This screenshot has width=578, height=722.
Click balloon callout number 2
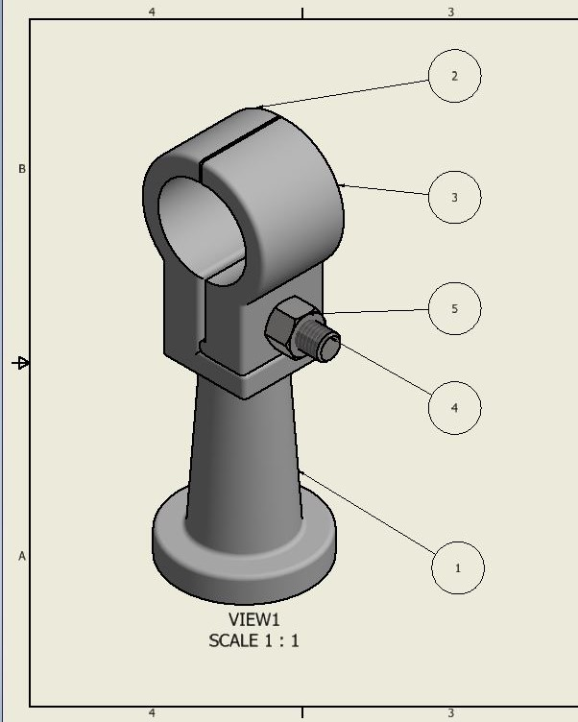(454, 76)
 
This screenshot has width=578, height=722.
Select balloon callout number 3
(454, 198)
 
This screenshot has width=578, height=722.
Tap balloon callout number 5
(454, 309)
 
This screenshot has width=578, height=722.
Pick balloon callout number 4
(454, 407)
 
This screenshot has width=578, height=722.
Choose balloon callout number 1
(457, 567)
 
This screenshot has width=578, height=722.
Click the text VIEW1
(253, 620)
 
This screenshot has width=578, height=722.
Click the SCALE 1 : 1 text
(253, 640)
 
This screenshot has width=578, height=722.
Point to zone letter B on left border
(22, 169)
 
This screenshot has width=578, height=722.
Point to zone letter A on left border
(22, 556)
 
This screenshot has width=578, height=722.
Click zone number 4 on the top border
(152, 12)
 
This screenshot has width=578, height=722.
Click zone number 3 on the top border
(451, 12)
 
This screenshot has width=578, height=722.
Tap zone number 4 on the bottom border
(152, 713)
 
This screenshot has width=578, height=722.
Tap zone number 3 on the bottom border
(451, 713)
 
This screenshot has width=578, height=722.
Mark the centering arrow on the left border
(21, 363)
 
